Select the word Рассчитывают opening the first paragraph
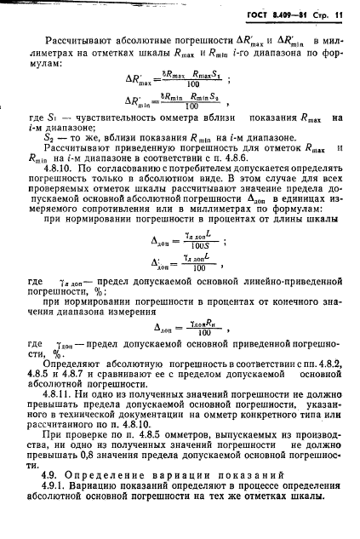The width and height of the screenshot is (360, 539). [92, 40]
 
